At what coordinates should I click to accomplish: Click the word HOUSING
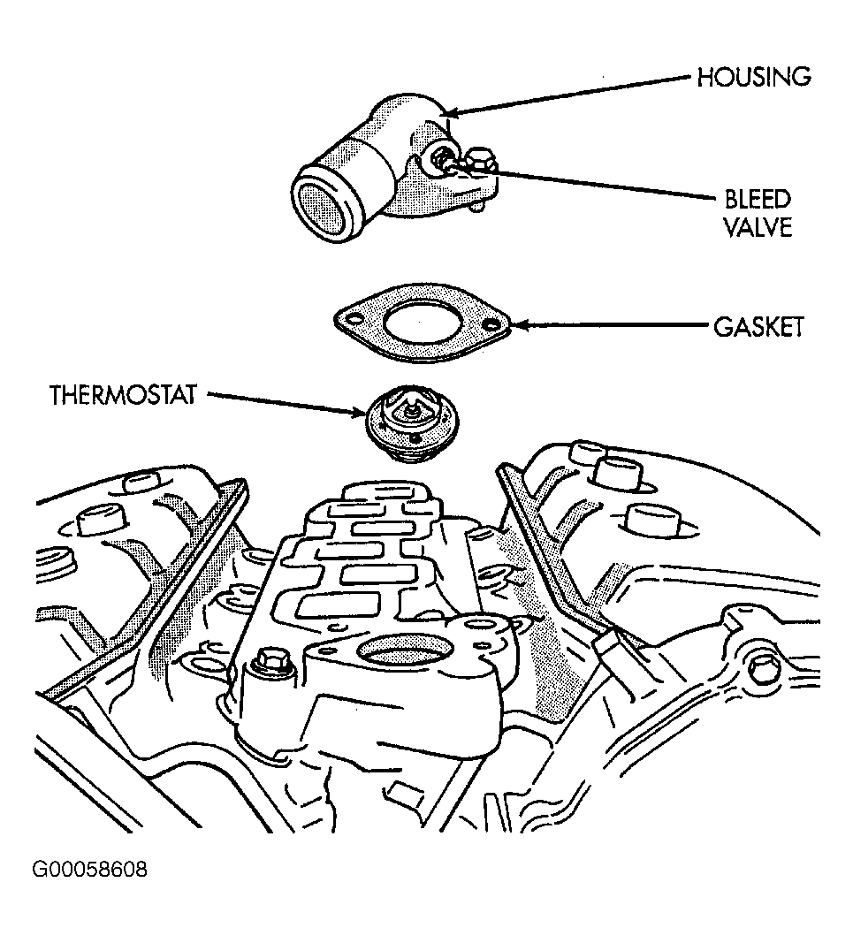[x=753, y=77]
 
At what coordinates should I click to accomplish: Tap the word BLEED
[x=757, y=199]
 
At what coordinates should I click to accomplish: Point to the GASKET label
[x=758, y=327]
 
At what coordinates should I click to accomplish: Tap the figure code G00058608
[x=89, y=870]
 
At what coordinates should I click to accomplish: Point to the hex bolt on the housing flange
[x=478, y=163]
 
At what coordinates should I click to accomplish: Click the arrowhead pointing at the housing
[x=451, y=112]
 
